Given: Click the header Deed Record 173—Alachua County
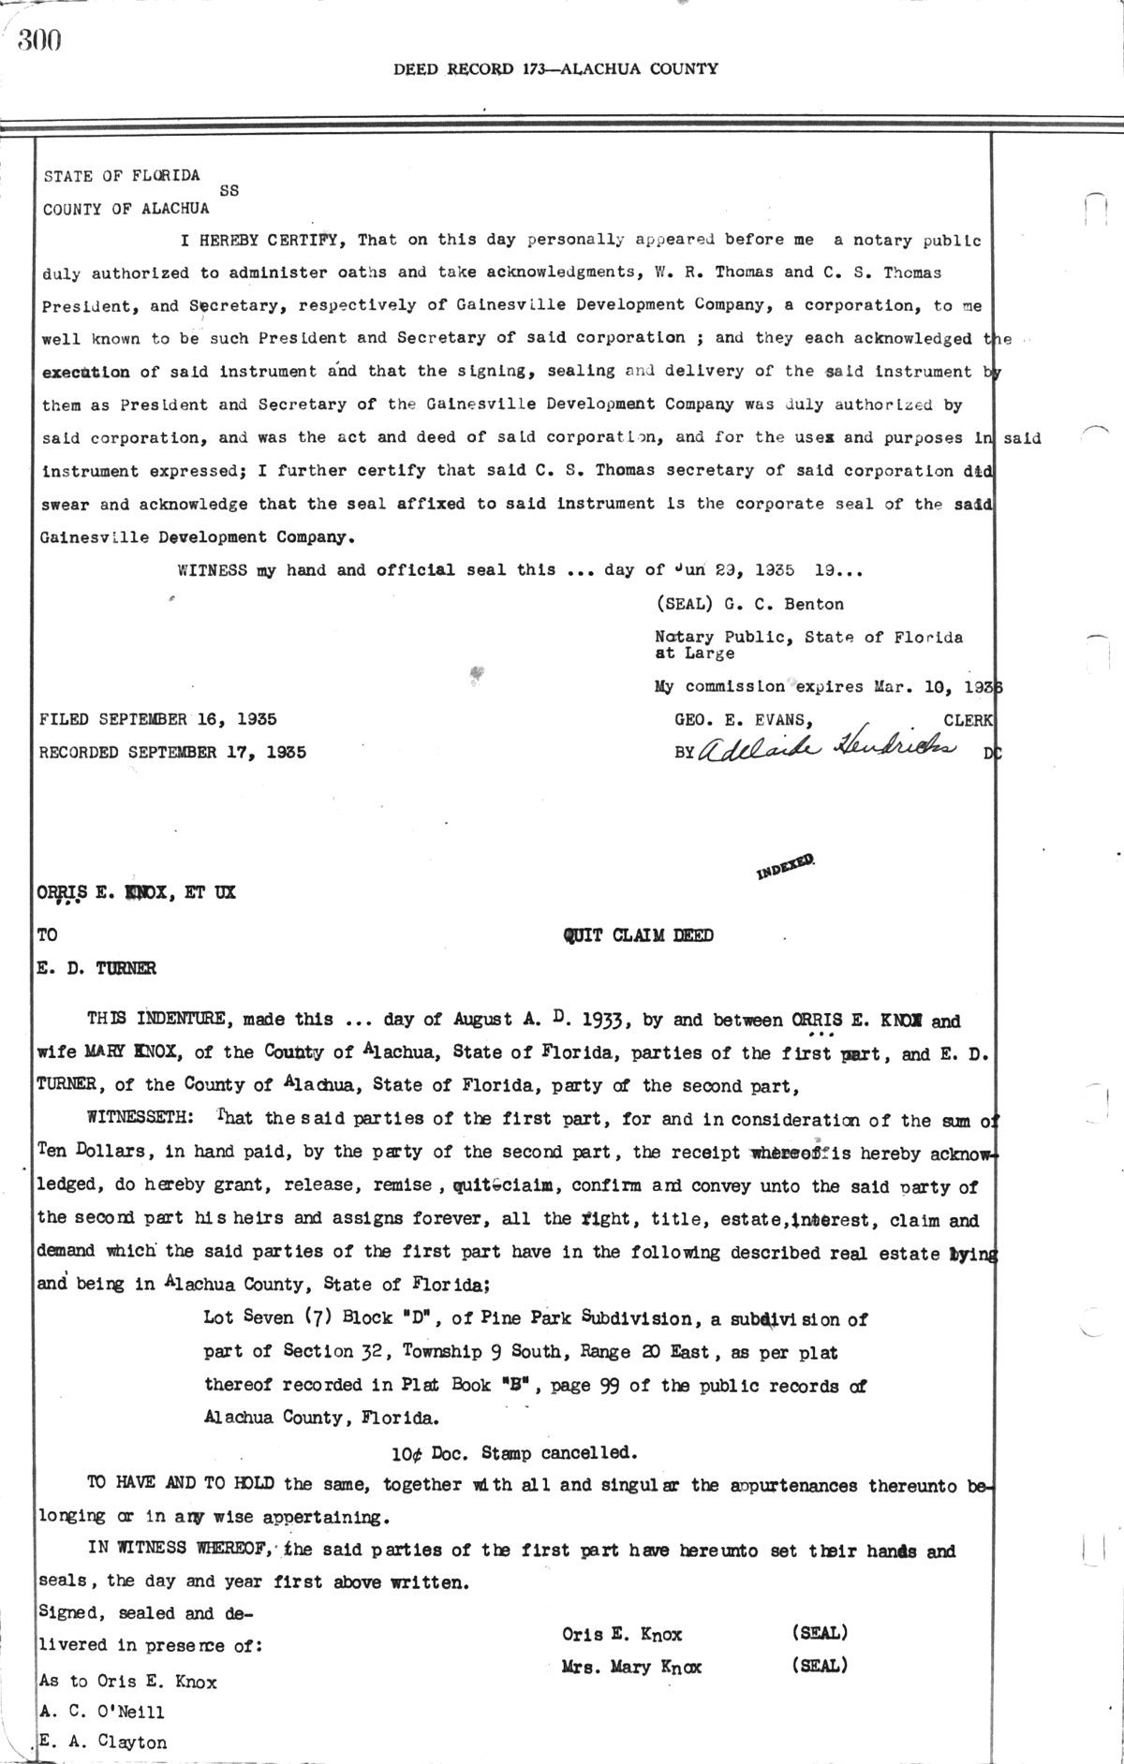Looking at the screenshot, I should click(x=555, y=68).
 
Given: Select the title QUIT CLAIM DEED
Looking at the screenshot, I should click(x=638, y=935).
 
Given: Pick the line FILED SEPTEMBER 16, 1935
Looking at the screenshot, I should click(x=157, y=719).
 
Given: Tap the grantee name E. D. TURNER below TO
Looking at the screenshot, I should click(x=96, y=968).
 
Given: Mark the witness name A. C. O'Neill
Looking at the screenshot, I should click(x=102, y=1712).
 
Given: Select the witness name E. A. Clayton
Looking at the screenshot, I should click(x=103, y=1742).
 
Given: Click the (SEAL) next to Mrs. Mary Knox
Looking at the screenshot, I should click(x=820, y=1666).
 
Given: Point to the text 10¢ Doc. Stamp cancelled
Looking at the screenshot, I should click(x=514, y=1452).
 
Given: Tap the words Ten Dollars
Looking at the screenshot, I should click(x=87, y=1152).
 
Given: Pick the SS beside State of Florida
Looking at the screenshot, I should click(x=229, y=190).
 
